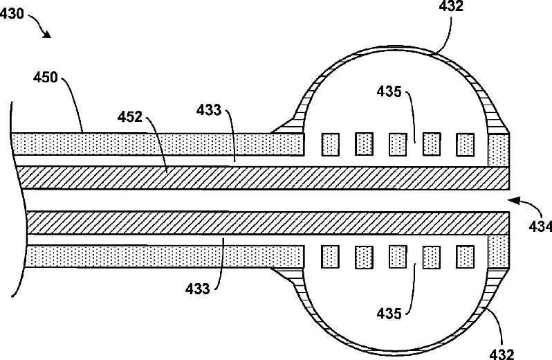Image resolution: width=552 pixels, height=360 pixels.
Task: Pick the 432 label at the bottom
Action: click(x=501, y=354)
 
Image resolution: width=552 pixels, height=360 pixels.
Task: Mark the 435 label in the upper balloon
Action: click(x=389, y=91)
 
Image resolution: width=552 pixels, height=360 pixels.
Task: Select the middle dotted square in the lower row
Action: click(x=398, y=257)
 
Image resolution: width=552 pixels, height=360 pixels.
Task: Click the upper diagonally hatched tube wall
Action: click(x=263, y=178)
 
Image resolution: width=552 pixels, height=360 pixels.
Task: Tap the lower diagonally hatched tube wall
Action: click(x=263, y=223)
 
